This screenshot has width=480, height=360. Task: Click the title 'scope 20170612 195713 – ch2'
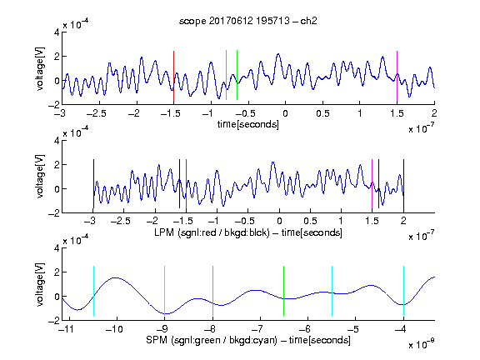tap(248, 21)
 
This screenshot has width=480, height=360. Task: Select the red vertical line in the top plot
tap(173, 76)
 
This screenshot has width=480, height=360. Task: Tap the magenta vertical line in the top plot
tap(397, 76)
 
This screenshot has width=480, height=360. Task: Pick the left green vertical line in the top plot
tap(226, 75)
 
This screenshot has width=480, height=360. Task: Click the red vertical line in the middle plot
tap(186, 184)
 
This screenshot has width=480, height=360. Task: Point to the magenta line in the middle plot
tap(372, 184)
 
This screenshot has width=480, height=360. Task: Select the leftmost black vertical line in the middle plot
tap(93, 184)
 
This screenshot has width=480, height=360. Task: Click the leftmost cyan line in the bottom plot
tap(93, 291)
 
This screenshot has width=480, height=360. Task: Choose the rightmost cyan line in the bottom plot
tap(403, 291)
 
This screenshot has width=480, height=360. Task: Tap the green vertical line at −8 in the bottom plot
tap(212, 291)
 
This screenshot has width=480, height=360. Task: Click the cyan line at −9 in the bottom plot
tap(164, 291)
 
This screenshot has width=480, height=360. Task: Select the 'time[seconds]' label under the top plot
tap(248, 124)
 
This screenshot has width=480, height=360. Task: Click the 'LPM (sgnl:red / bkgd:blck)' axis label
tap(212, 232)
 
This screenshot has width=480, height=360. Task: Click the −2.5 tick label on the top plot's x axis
tap(96, 113)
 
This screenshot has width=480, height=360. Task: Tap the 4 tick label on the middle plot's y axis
tap(57, 141)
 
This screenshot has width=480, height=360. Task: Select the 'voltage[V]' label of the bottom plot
tap(40, 284)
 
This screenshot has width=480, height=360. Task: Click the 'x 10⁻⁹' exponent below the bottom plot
tap(422, 344)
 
